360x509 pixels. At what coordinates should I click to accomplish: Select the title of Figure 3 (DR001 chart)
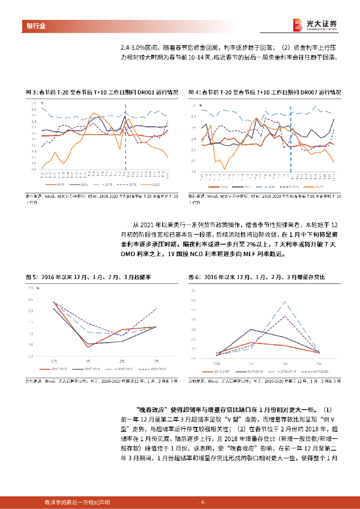coord(101,92)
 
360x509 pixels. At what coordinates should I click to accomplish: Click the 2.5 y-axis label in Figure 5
coord(30,299)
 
